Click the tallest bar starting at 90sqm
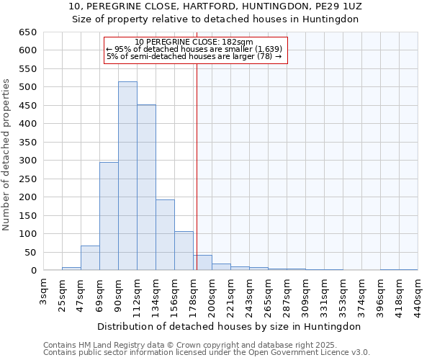point(127,176)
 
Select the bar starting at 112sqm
point(146,188)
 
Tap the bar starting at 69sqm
point(109,216)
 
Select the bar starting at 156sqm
point(184,251)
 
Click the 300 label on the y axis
point(29,161)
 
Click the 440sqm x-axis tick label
point(418,295)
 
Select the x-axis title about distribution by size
point(230,326)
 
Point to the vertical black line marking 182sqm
point(197,166)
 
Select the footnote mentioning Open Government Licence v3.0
point(207,352)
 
